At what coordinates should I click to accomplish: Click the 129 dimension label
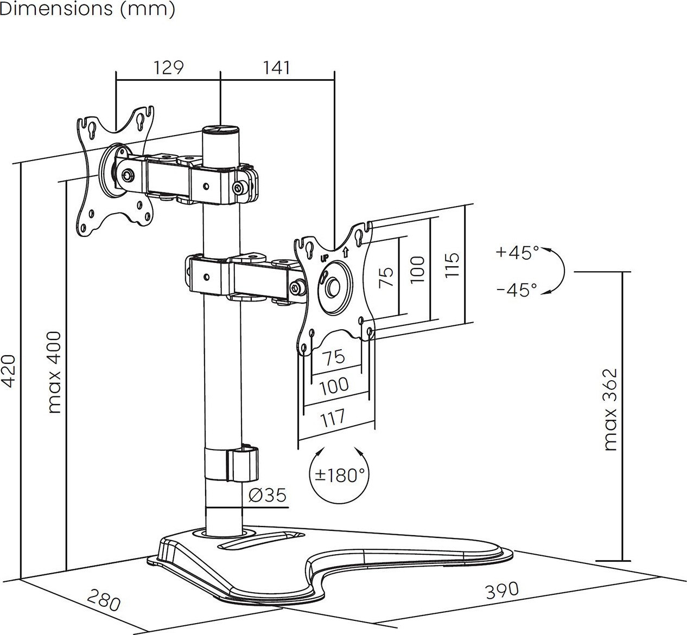click(169, 68)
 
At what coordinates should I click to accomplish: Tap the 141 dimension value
click(277, 68)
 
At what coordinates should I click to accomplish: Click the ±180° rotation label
click(340, 476)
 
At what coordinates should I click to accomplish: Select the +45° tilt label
click(517, 253)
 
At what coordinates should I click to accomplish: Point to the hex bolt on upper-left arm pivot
click(127, 175)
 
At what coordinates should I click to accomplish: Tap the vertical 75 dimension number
click(385, 277)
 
